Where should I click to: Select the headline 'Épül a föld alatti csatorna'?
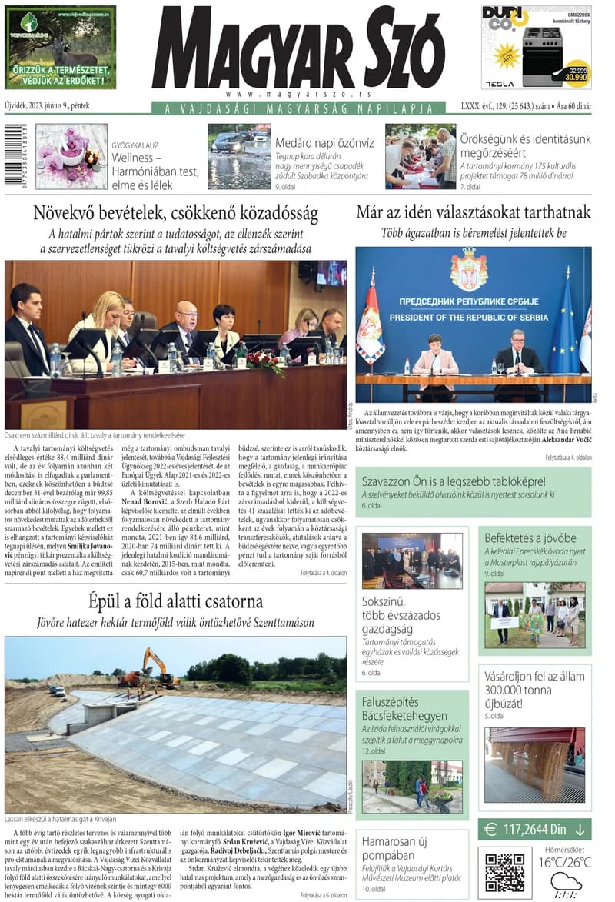pyautogui.click(x=175, y=601)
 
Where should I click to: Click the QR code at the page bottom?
pyautogui.click(x=505, y=870)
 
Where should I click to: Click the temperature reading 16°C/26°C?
pyautogui.click(x=565, y=862)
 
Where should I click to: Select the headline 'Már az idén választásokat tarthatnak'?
pyautogui.click(x=473, y=213)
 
